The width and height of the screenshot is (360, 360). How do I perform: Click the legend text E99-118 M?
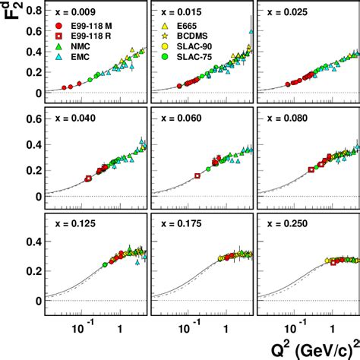[81, 27]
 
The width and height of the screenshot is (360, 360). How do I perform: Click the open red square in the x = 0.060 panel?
[197, 175]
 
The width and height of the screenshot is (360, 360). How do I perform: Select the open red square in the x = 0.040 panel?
[88, 178]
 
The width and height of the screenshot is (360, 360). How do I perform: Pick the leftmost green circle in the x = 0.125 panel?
[105, 264]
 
